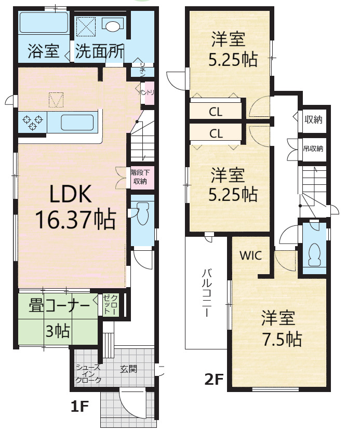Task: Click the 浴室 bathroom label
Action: [x=44, y=51]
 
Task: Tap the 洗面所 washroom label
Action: [x=100, y=51]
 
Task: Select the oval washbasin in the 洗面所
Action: [x=113, y=26]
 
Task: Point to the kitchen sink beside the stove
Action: [x=77, y=123]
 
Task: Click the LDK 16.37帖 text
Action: [x=75, y=207]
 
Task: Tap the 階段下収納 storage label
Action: [x=140, y=177]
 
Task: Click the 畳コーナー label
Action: [x=59, y=306]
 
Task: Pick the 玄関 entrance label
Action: [x=128, y=369]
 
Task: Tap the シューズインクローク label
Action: [x=88, y=374]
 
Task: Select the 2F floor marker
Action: [x=214, y=380]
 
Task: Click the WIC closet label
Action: [x=250, y=255]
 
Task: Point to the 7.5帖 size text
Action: [x=282, y=339]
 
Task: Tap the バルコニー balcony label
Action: [x=207, y=293]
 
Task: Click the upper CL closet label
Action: [x=216, y=112]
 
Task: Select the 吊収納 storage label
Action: [x=313, y=149]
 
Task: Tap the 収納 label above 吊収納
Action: [x=313, y=119]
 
